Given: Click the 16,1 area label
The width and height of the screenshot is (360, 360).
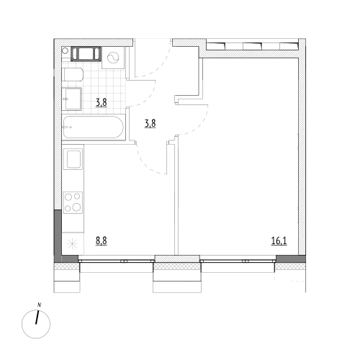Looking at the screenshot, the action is pyautogui.click(x=279, y=240).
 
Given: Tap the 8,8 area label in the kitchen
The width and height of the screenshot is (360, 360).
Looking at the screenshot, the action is pyautogui.click(x=102, y=240).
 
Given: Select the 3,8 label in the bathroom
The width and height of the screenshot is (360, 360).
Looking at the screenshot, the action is pyautogui.click(x=102, y=102).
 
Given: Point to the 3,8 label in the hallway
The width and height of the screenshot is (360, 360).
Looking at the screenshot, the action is pyautogui.click(x=150, y=124).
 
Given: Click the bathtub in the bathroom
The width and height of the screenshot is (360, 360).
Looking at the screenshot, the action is pyautogui.click(x=94, y=127).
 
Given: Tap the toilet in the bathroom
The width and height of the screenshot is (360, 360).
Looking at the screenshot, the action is pyautogui.click(x=73, y=74).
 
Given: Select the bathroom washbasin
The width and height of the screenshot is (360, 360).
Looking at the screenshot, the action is pyautogui.click(x=72, y=99).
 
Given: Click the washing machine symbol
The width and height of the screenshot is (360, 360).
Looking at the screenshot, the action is pyautogui.click(x=113, y=58).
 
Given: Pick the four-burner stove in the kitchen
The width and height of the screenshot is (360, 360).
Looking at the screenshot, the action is pyautogui.click(x=73, y=202).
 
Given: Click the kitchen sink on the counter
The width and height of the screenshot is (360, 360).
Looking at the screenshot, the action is pyautogui.click(x=73, y=159).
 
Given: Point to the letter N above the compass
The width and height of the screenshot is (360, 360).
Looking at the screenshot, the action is pyautogui.click(x=39, y=305).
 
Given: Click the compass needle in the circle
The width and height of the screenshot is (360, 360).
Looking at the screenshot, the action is pyautogui.click(x=37, y=318).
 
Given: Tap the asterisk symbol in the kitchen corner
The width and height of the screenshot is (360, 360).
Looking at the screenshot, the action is pyautogui.click(x=72, y=244).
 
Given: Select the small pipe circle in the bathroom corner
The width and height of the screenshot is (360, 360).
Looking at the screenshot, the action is pyautogui.click(x=65, y=50).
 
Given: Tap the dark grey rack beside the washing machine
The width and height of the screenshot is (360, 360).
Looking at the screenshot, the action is pyautogui.click(x=86, y=54).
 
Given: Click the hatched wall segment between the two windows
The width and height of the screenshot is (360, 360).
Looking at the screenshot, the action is pyautogui.click(x=177, y=258).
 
